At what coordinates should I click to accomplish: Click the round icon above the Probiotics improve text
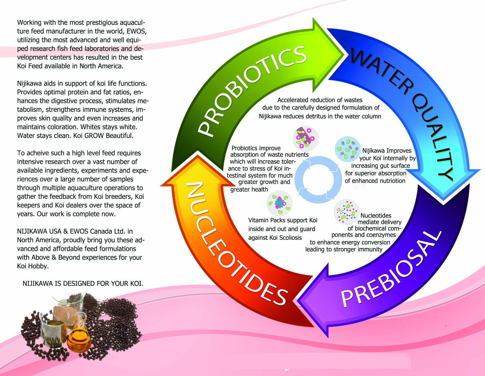[306, 139]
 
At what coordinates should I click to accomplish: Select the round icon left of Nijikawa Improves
[347, 149]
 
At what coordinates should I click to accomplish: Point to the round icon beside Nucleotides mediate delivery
[347, 212]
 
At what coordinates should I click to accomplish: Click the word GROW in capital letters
[94, 136]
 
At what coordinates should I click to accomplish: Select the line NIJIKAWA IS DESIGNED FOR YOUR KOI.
[83, 284]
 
